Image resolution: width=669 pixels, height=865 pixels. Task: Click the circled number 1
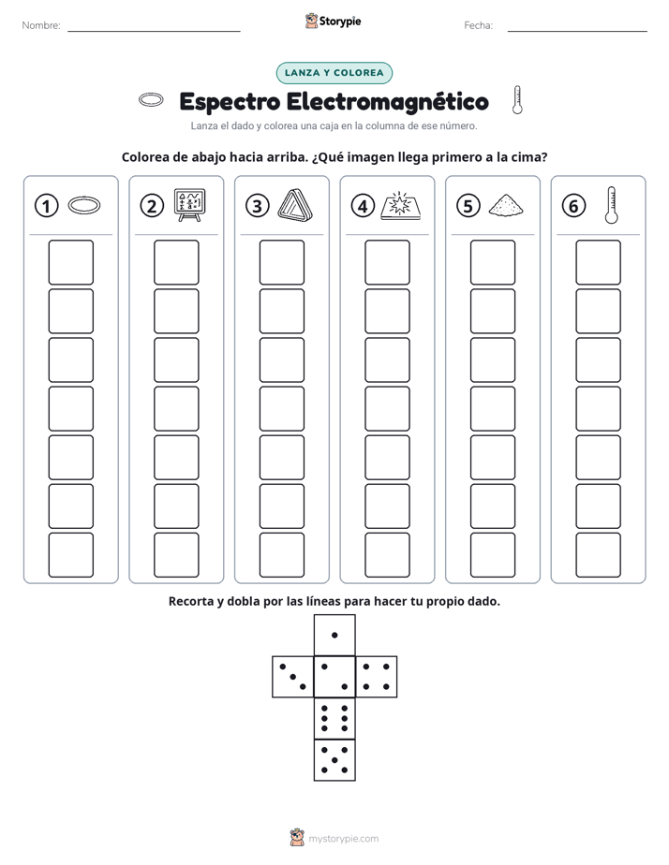pyautogui.click(x=46, y=206)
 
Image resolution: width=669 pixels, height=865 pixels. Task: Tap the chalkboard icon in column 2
pyautogui.click(x=190, y=205)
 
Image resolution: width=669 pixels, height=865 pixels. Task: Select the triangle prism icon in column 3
pyautogui.click(x=295, y=205)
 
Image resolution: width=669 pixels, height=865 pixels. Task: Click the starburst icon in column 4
pyautogui.click(x=400, y=206)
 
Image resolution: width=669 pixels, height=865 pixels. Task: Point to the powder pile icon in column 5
pyautogui.click(x=506, y=205)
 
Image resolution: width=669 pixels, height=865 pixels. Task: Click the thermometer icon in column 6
pyautogui.click(x=611, y=205)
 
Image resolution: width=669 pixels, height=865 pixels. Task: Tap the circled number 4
pyautogui.click(x=363, y=206)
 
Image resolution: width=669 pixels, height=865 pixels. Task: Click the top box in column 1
pyautogui.click(x=70, y=262)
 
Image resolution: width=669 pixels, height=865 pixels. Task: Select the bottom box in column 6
pyautogui.click(x=599, y=555)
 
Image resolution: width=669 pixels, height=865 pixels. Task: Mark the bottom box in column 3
pyautogui.click(x=281, y=555)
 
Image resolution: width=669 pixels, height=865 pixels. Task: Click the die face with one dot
pyautogui.click(x=334, y=636)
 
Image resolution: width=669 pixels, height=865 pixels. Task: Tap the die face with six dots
pyautogui.click(x=334, y=718)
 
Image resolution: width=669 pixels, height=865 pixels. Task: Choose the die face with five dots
pyautogui.click(x=334, y=760)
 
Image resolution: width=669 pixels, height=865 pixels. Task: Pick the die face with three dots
pyautogui.click(x=293, y=677)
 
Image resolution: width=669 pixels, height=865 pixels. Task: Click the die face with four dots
pyautogui.click(x=377, y=677)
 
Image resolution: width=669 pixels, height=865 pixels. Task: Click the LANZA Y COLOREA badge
pyautogui.click(x=334, y=73)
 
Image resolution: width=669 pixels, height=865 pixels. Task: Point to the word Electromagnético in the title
pyautogui.click(x=388, y=102)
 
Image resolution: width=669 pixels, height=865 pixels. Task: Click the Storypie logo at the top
pyautogui.click(x=333, y=22)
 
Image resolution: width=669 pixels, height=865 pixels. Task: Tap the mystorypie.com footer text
pyautogui.click(x=343, y=839)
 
